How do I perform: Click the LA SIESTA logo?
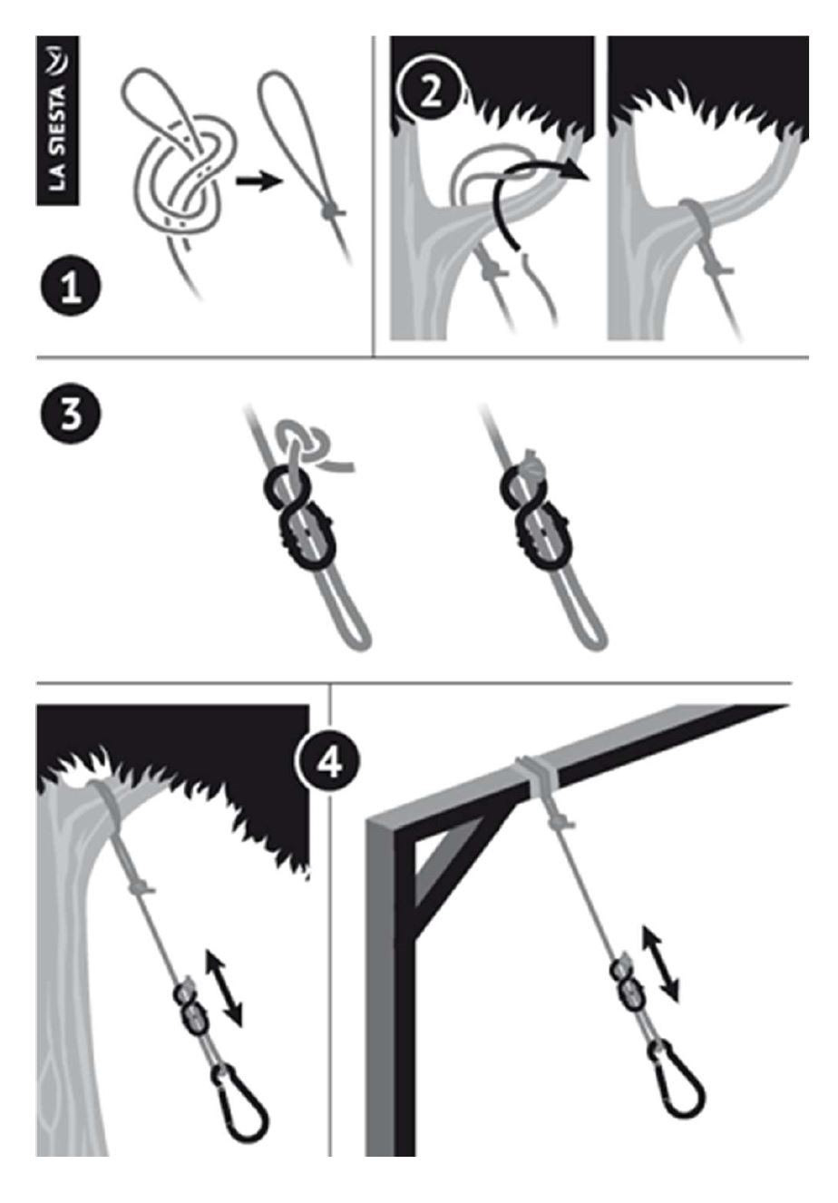pos(57,121)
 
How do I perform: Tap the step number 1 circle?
pos(71,285)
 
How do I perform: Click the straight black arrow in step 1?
pos(258,181)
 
